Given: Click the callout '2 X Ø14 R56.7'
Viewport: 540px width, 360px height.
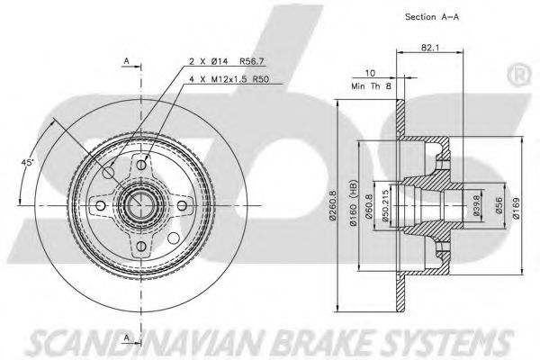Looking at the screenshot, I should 220,60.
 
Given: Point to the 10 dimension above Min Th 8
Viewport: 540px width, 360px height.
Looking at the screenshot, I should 369,73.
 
